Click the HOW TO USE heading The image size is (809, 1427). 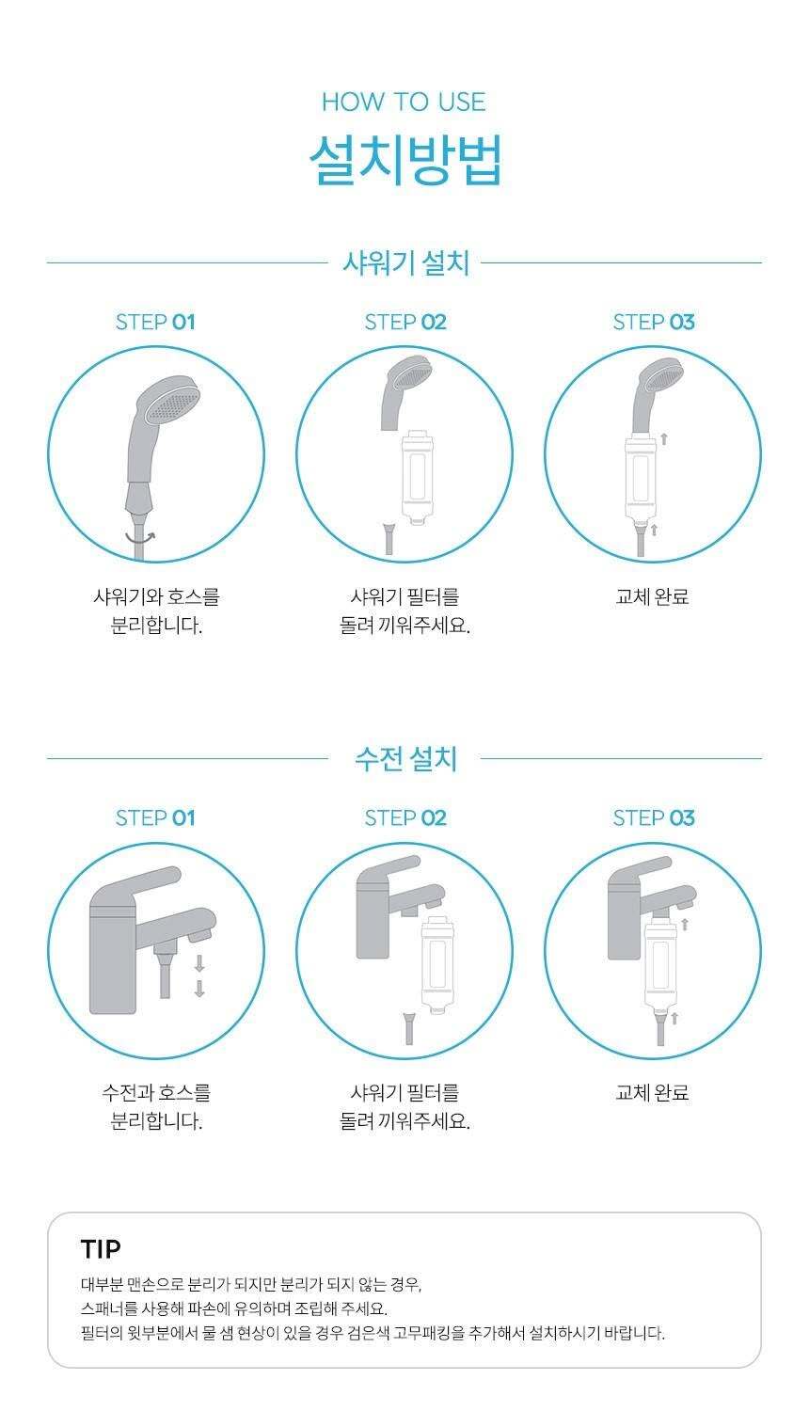[x=404, y=102]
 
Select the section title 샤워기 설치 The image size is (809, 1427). [x=405, y=262]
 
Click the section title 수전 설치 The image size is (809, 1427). [x=405, y=759]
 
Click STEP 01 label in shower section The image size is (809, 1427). [x=155, y=323]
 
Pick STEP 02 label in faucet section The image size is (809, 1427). [x=405, y=818]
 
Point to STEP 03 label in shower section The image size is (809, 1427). [x=654, y=323]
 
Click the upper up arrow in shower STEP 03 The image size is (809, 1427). [x=664, y=438]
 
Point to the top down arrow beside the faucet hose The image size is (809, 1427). [x=199, y=963]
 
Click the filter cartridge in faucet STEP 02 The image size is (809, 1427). [x=436, y=964]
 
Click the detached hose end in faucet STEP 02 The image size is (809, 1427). [x=408, y=1027]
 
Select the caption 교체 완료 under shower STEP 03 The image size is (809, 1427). [x=652, y=597]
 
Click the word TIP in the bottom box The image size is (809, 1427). [x=101, y=1249]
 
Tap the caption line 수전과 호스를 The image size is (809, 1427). [x=156, y=1092]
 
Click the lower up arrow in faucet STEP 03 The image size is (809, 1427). [x=674, y=1018]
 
